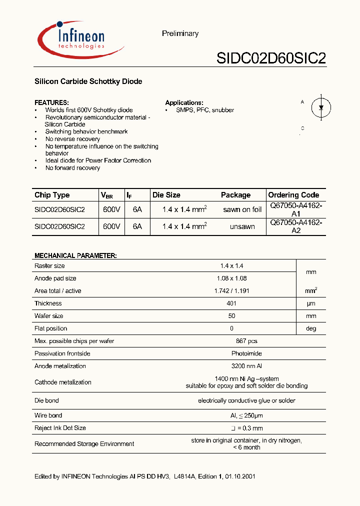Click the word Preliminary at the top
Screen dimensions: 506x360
(180, 33)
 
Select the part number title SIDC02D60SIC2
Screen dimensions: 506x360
(271, 58)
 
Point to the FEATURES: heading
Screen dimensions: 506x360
(51, 102)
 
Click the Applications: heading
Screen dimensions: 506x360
(184, 102)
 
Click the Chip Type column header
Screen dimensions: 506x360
(52, 195)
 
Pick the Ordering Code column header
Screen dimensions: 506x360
(293, 195)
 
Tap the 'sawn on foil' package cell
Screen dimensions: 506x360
(242, 209)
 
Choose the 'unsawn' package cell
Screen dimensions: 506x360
(242, 226)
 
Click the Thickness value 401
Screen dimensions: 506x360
(231, 303)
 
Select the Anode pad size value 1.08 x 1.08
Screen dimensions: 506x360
(231, 278)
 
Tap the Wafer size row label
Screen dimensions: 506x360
(49, 316)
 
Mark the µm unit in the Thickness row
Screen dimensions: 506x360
(311, 303)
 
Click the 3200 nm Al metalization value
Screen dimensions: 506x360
(246, 366)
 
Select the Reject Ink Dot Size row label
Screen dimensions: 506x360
(60, 428)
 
